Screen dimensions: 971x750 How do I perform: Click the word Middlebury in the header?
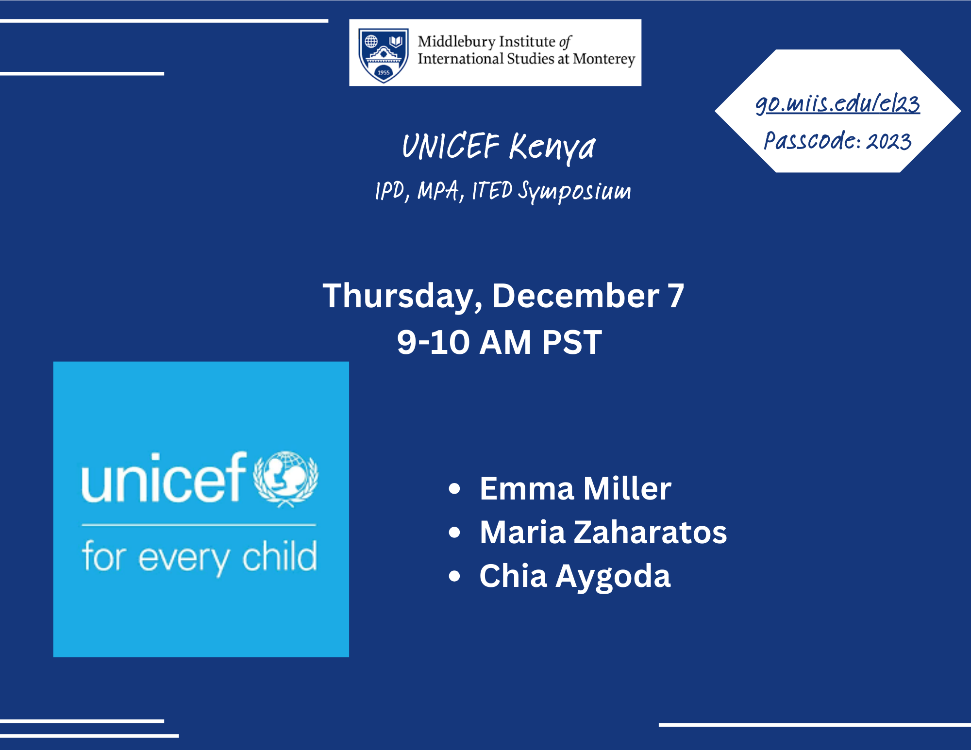click(x=456, y=42)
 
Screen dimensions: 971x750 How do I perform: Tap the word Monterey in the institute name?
click(x=604, y=59)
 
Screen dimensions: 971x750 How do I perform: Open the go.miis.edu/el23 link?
click(x=837, y=103)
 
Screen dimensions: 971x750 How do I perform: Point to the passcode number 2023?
click(x=889, y=141)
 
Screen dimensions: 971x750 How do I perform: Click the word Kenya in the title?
click(x=552, y=147)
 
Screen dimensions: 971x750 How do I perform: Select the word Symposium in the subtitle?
click(x=574, y=191)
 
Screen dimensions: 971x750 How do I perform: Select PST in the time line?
click(x=572, y=342)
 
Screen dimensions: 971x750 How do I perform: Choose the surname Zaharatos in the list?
click(x=651, y=532)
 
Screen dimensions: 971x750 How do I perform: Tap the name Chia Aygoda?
click(x=575, y=577)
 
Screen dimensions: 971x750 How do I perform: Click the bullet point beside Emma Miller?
click(x=454, y=488)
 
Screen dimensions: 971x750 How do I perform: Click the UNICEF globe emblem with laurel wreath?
click(x=286, y=479)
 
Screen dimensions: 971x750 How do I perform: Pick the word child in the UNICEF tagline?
click(x=280, y=556)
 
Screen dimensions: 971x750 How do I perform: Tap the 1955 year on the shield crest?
click(x=384, y=72)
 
